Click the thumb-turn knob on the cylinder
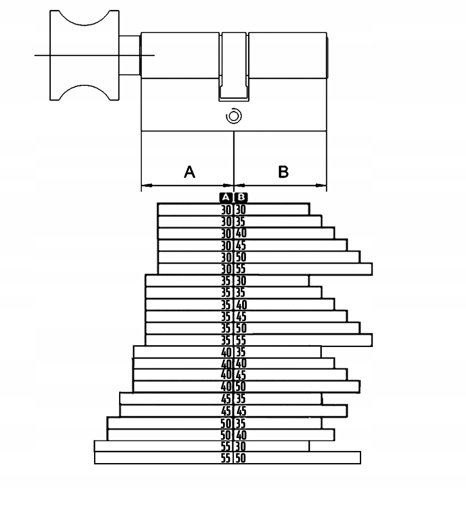(x=85, y=55)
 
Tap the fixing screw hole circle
(x=234, y=116)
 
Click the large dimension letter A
(x=190, y=172)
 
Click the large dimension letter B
(x=283, y=172)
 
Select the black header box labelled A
(x=226, y=197)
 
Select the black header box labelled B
(x=241, y=197)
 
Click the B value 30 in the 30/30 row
(x=241, y=210)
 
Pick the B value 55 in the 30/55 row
(x=241, y=269)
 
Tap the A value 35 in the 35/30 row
(x=226, y=281)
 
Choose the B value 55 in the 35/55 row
(x=241, y=340)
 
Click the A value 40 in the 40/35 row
(x=227, y=353)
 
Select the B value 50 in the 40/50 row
(x=241, y=387)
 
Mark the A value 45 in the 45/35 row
(x=226, y=399)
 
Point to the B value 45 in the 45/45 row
(x=241, y=411)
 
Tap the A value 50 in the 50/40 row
(x=226, y=435)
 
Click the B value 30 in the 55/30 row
(x=240, y=447)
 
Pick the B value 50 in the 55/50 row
(x=240, y=458)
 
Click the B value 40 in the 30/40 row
(x=241, y=233)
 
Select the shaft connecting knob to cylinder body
(x=130, y=55)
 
